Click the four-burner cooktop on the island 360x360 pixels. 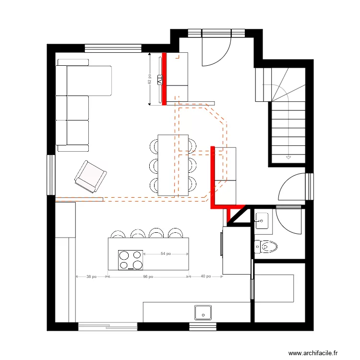(131, 260)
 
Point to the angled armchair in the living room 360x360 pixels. (90, 176)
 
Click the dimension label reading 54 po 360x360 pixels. (165, 253)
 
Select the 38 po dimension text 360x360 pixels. (91, 276)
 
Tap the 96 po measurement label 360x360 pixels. (148, 276)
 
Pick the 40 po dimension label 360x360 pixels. (205, 276)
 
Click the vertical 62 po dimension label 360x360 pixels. (150, 79)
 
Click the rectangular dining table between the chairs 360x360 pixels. (173, 165)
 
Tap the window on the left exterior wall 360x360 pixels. (50, 175)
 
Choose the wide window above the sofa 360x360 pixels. (113, 48)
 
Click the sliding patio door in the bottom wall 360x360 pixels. (108, 327)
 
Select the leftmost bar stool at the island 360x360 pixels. (118, 234)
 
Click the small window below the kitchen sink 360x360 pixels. (203, 327)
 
